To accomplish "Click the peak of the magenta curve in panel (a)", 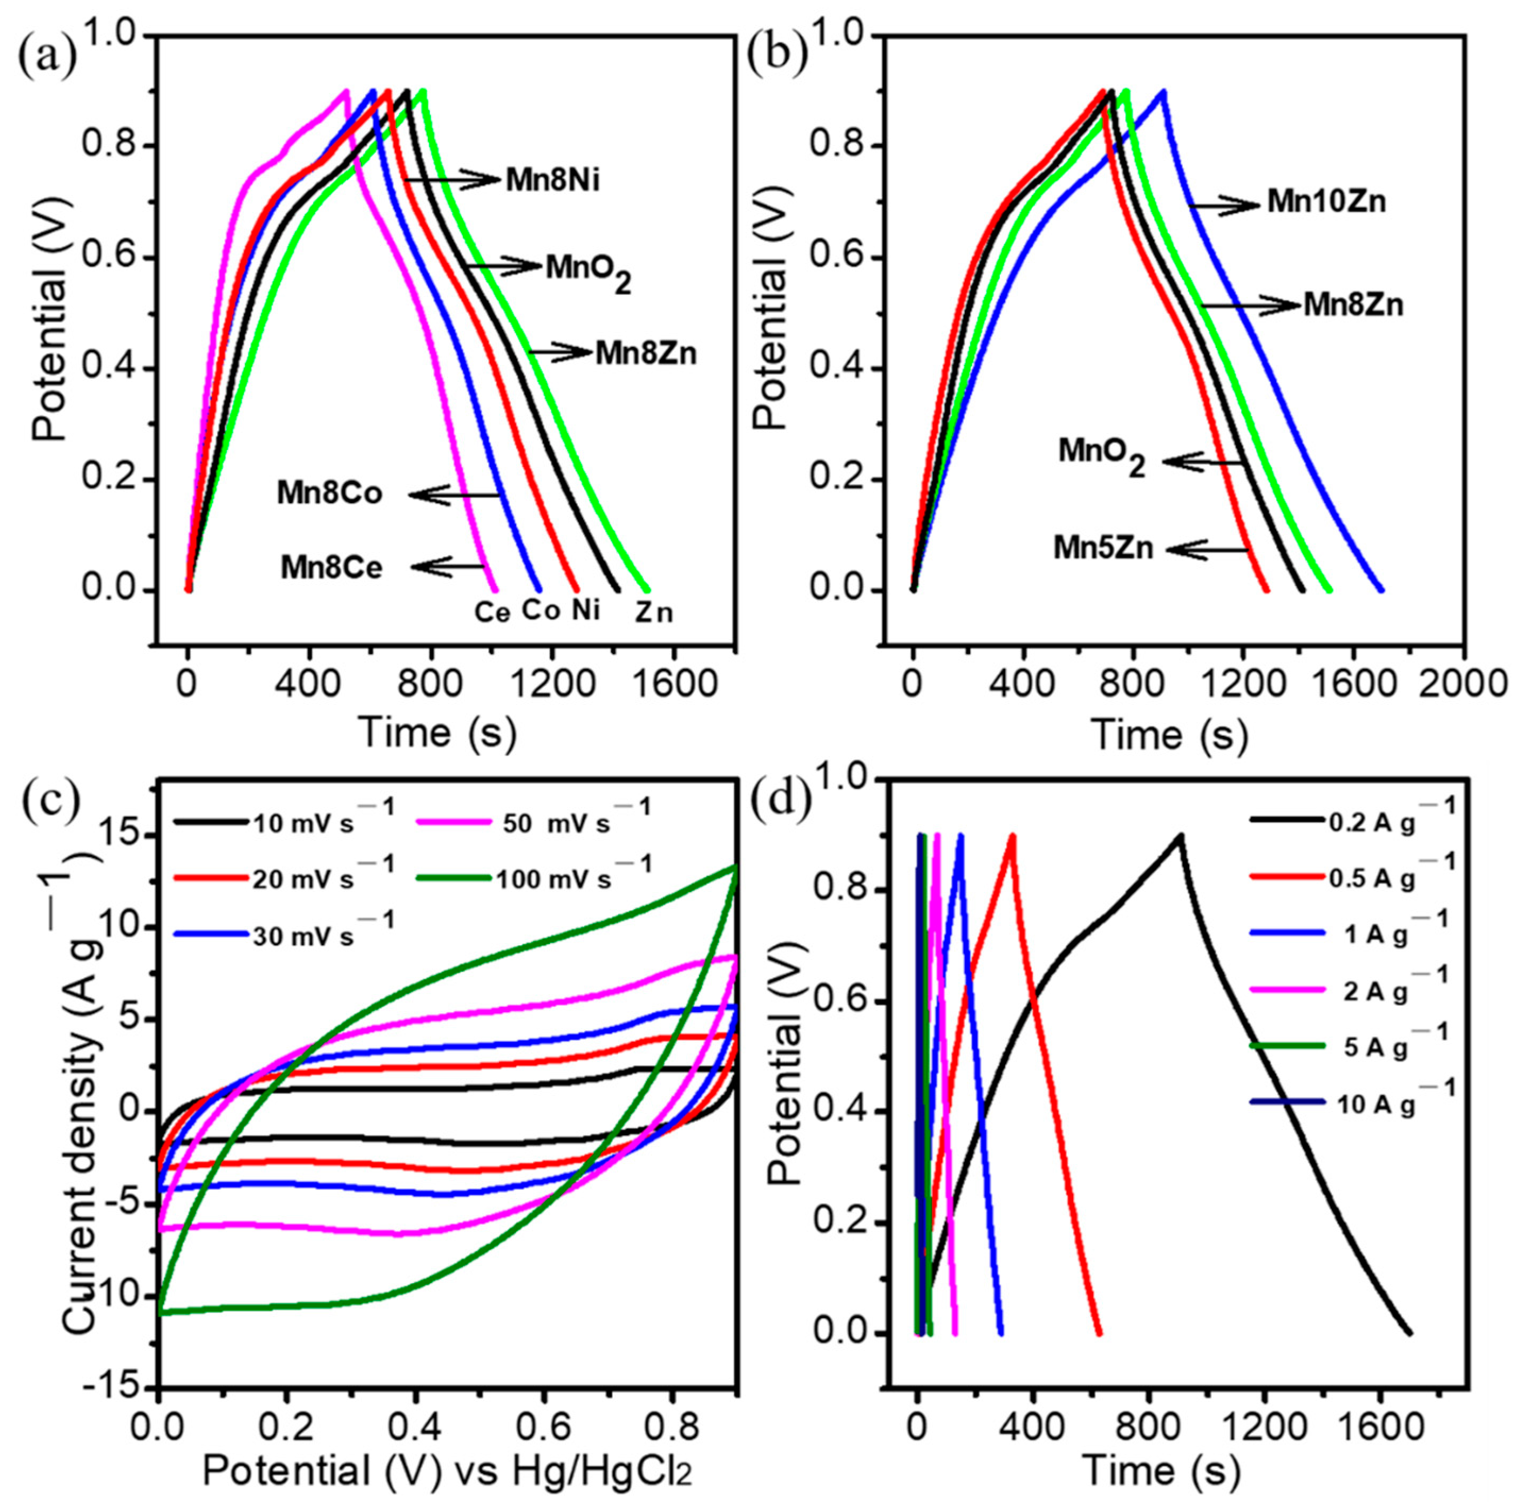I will (346, 91).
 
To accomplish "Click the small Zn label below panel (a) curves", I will (654, 613).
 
